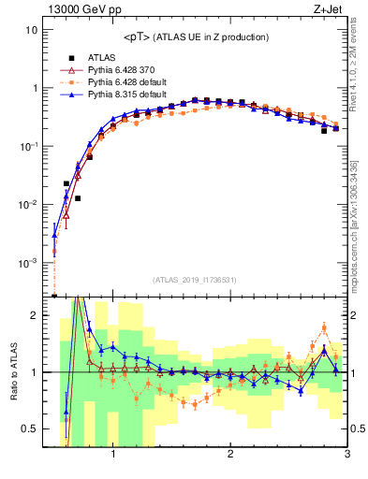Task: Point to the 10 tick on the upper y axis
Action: [x=31, y=30]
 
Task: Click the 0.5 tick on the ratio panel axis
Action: [x=29, y=428]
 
